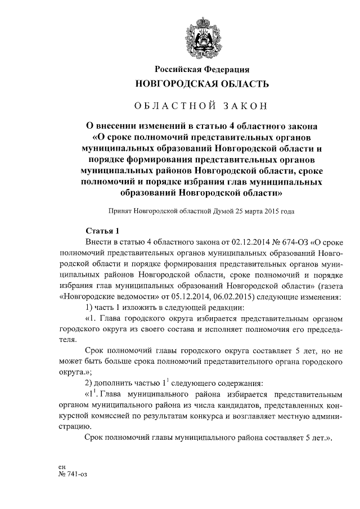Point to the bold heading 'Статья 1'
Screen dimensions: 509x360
click(x=102, y=231)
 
